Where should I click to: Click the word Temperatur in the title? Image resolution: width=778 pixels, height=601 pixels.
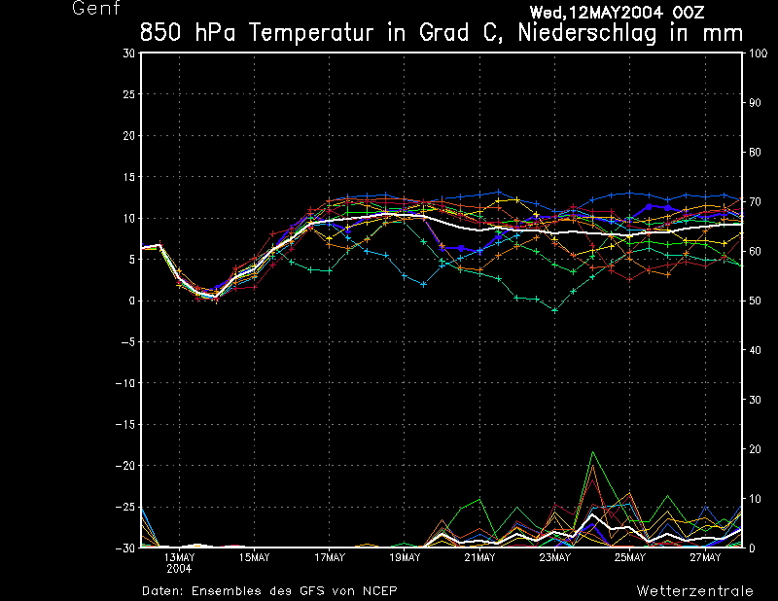click(x=315, y=32)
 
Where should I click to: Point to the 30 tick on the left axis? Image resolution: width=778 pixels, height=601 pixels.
click(x=129, y=53)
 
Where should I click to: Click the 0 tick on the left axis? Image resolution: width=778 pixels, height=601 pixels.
click(x=131, y=301)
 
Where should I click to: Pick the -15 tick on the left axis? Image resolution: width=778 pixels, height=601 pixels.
click(x=125, y=425)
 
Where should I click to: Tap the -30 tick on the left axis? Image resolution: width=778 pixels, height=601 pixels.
click(x=125, y=548)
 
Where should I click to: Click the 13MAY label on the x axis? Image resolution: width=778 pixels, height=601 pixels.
click(x=179, y=558)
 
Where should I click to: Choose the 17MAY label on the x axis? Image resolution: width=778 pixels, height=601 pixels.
click(x=330, y=558)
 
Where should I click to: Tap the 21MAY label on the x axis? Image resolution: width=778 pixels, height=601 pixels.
click(x=479, y=558)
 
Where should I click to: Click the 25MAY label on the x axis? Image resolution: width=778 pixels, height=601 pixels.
click(x=630, y=558)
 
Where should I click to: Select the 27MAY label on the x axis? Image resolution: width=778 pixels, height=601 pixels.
click(x=705, y=558)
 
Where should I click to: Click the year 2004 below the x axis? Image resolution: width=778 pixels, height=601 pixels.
click(x=179, y=568)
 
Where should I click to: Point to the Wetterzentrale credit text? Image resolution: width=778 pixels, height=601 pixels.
click(x=694, y=590)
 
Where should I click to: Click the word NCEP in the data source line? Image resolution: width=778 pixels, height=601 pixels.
click(x=377, y=590)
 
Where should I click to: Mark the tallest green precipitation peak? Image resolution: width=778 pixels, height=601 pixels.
click(x=592, y=452)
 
